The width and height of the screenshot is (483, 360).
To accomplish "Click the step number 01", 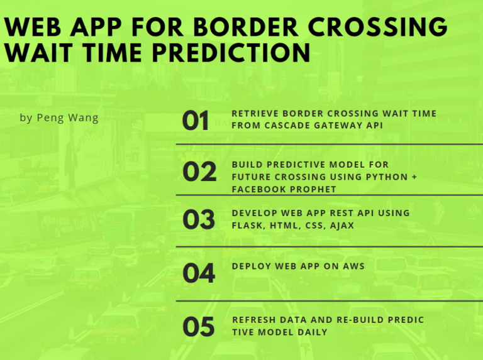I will click(196, 121).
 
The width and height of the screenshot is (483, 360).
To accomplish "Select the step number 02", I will click(199, 172).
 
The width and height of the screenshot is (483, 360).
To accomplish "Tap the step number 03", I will click(199, 219).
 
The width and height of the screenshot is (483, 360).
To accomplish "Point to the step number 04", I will click(199, 273).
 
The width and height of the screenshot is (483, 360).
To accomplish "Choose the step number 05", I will click(199, 327).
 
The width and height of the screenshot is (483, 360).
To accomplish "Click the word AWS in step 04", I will click(353, 266).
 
